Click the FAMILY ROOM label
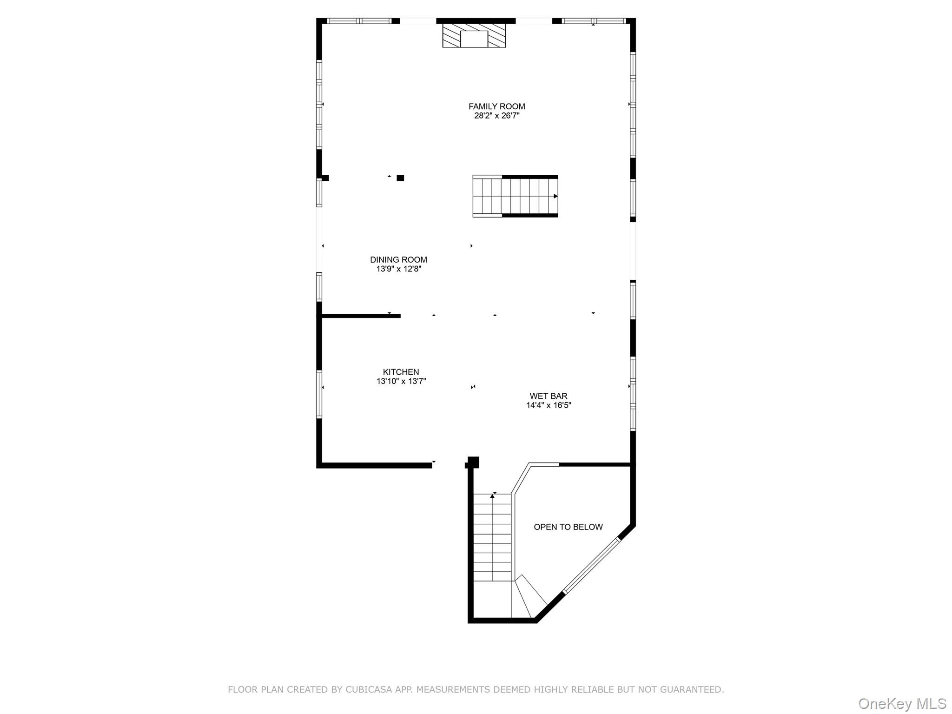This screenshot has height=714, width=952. tap(496, 106)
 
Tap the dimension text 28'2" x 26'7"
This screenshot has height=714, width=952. tap(496, 116)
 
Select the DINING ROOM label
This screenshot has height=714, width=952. tap(398, 260)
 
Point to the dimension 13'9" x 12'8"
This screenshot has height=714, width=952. tap(398, 269)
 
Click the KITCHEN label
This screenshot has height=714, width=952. tap(401, 372)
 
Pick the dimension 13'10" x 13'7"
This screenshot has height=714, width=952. tap(401, 381)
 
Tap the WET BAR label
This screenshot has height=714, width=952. tap(548, 396)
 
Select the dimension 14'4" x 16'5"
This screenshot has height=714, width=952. tap(548, 405)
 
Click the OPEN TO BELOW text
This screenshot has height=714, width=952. tap(568, 527)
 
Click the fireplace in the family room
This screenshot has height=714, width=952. tap(474, 36)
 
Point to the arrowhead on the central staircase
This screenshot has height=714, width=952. tap(555, 196)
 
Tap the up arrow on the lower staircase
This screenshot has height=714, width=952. tap(492, 496)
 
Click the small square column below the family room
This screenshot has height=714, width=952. tap(400, 178)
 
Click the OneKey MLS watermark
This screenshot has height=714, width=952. tap(902, 704)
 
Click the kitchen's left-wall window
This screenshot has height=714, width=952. tap(319, 394)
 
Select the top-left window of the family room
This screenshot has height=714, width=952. tap(359, 21)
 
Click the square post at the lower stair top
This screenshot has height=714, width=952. tap(473, 462)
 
